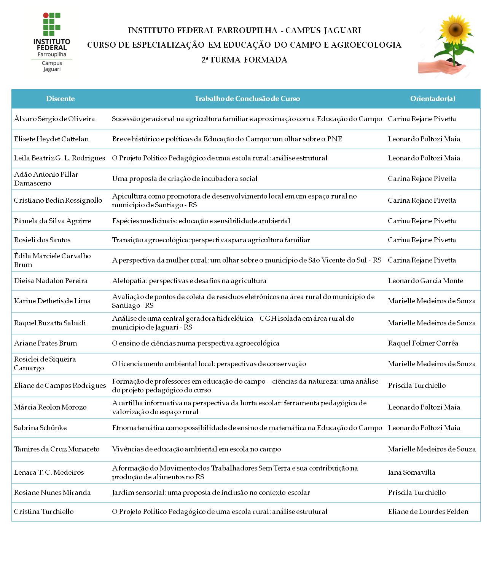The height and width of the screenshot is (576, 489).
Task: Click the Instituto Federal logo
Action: point(52,42)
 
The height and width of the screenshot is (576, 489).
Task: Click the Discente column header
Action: point(60,99)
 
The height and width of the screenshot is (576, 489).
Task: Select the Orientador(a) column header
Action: point(432,99)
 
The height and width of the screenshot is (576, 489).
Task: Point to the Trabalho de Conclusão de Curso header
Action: point(247,99)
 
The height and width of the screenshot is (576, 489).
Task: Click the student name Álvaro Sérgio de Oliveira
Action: point(54,119)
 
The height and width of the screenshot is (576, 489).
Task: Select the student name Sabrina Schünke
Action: point(40,428)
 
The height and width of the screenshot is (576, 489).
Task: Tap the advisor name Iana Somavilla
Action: point(411,472)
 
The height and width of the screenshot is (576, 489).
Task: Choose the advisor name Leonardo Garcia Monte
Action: point(425,281)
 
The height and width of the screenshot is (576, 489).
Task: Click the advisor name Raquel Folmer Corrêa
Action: point(423,343)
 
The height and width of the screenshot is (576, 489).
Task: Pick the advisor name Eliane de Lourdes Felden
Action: point(428,512)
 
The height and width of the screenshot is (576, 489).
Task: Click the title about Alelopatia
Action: point(189,281)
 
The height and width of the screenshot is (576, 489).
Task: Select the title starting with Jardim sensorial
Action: point(211,493)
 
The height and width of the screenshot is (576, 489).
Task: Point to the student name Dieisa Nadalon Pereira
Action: point(51,281)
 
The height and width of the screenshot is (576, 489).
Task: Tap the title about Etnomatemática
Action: point(247,428)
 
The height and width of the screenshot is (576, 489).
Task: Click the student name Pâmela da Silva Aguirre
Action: point(53,221)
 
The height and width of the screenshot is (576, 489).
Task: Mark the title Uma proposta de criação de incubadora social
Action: point(185,179)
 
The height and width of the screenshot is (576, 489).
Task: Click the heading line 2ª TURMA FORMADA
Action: point(244,60)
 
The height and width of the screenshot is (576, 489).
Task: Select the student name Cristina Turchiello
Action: point(44,512)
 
